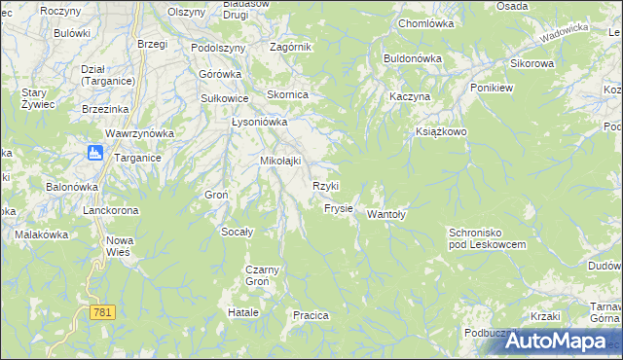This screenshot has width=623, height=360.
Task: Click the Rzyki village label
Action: (x=325, y=186)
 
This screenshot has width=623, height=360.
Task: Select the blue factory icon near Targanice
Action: (x=95, y=152)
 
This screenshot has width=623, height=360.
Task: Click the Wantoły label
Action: (x=385, y=215)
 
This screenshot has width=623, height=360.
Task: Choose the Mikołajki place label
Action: (x=280, y=161)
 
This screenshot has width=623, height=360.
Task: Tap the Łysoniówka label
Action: (x=259, y=123)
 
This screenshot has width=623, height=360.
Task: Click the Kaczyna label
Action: (x=409, y=98)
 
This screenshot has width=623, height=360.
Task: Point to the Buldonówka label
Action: (x=413, y=58)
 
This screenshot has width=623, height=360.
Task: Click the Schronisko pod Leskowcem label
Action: (x=487, y=239)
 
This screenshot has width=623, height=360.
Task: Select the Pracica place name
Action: (x=311, y=315)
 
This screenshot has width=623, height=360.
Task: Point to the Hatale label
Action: (x=242, y=312)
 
